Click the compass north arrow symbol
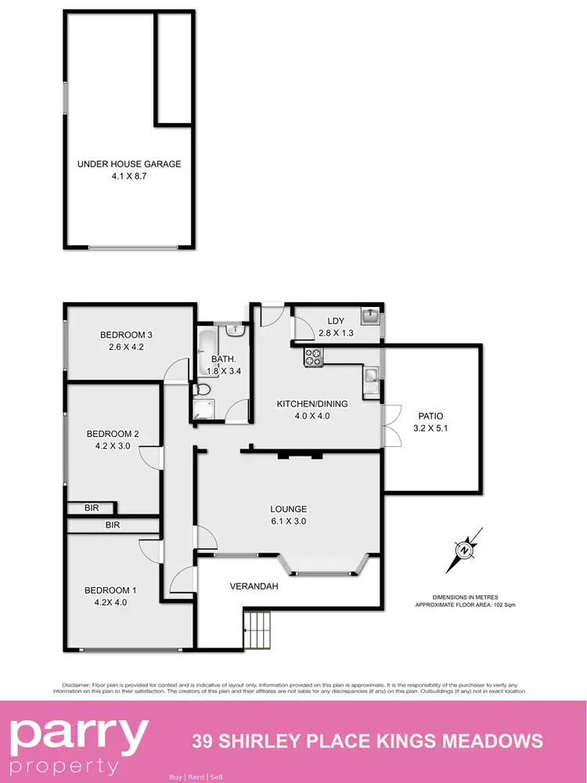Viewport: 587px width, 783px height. (x=464, y=550)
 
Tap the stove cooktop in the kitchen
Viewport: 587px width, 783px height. (x=313, y=357)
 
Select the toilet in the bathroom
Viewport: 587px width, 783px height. (x=202, y=389)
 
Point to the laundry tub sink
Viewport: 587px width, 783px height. (x=369, y=316)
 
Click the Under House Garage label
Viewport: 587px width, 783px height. (x=129, y=164)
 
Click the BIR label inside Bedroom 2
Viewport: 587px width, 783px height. (x=92, y=508)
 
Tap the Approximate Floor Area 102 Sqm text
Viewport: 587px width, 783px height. (x=465, y=604)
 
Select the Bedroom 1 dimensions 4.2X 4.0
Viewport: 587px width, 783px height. (x=106, y=602)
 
